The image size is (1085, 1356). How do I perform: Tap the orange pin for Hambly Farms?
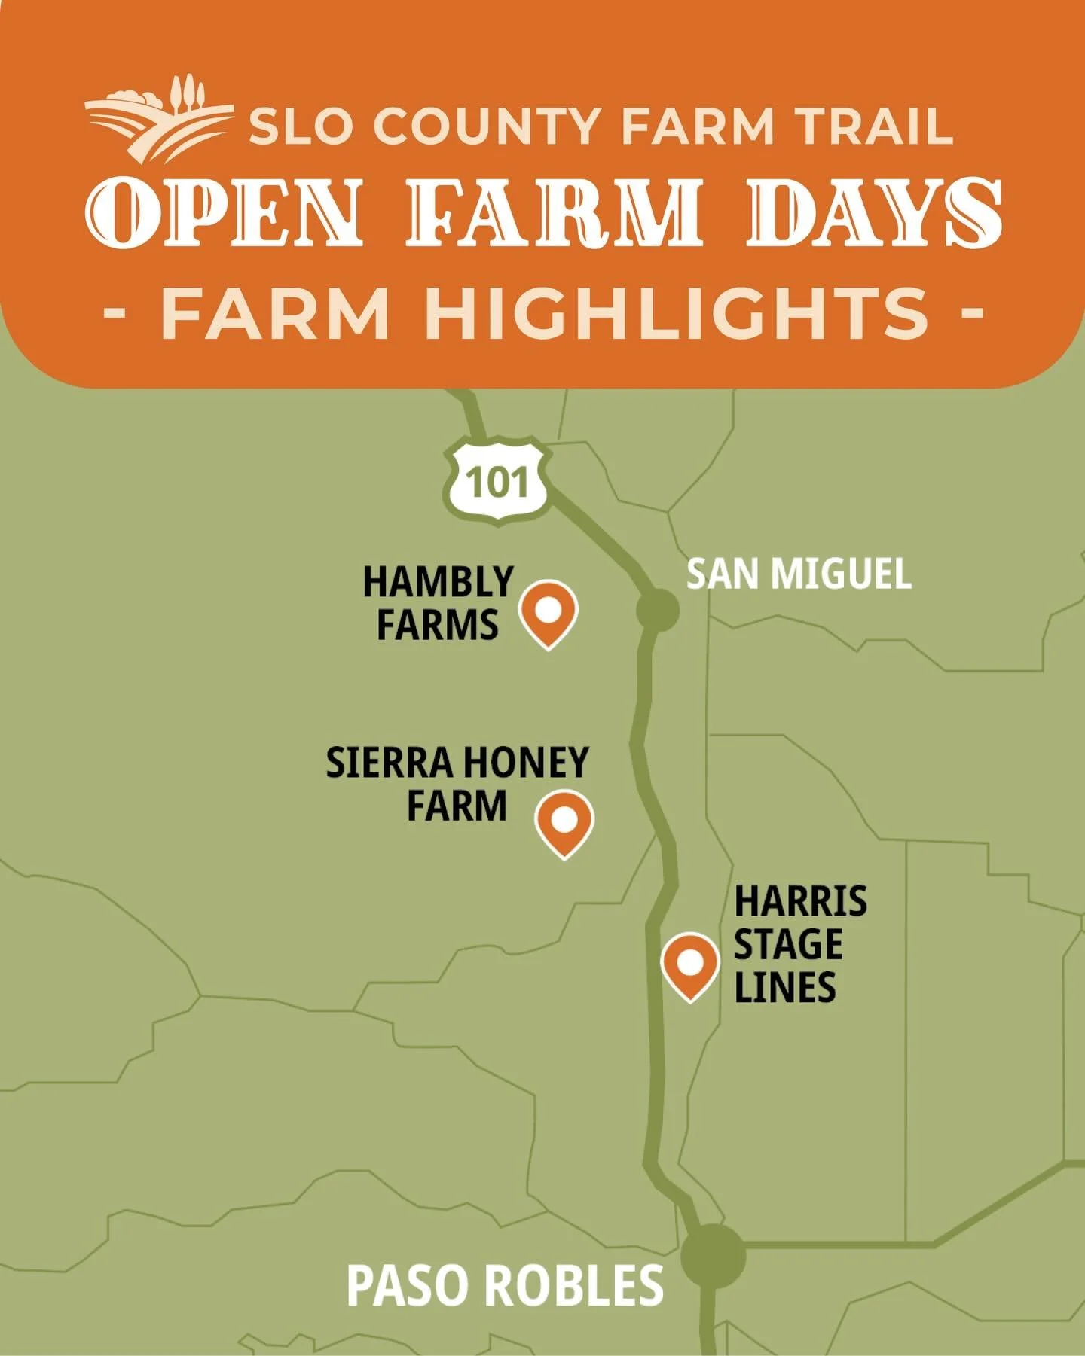pos(548,612)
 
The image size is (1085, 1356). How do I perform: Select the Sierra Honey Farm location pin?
pos(564,821)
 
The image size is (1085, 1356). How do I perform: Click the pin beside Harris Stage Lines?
pos(690,964)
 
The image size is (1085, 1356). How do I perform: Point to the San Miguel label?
pos(798,574)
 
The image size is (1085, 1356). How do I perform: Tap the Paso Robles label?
pos(505,1285)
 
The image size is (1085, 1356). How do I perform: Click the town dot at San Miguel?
pos(657,609)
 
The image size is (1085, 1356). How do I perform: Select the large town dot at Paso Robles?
pos(713,1256)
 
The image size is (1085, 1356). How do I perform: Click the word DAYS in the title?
pos(873,213)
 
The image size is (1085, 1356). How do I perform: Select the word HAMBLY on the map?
pos(438,582)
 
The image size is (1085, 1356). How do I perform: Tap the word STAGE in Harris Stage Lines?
pos(788,944)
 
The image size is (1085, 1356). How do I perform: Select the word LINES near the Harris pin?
pos(784,987)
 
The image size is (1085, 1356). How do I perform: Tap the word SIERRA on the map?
pos(388,763)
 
